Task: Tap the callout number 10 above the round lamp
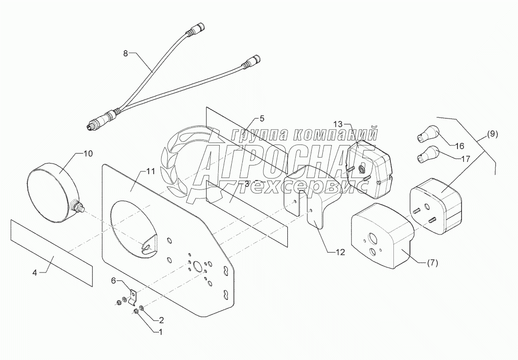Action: click(87, 153)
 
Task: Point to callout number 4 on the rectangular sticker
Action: click(35, 272)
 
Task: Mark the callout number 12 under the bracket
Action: click(340, 252)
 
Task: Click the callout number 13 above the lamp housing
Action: click(339, 123)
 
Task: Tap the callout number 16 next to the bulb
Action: click(459, 145)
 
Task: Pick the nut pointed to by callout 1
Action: click(136, 311)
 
